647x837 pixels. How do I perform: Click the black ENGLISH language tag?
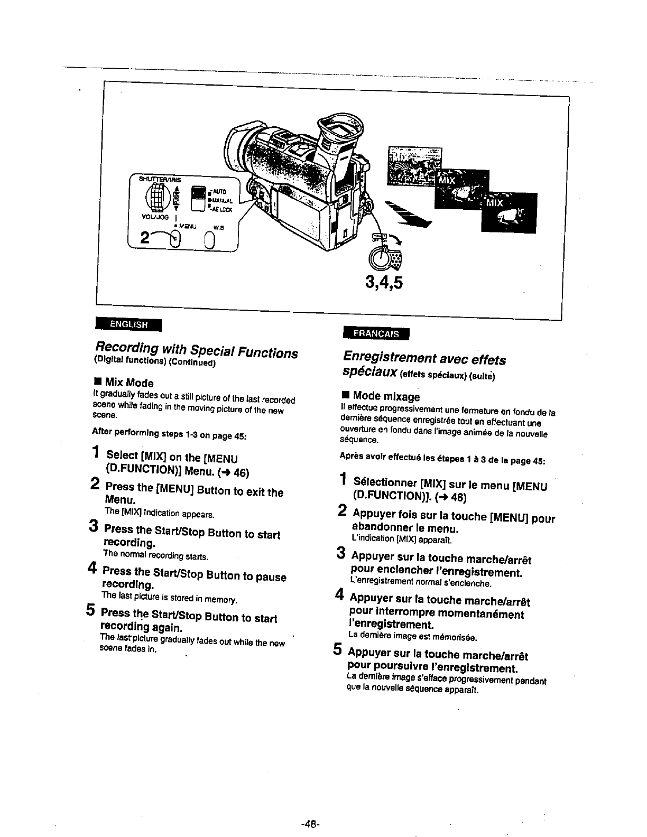[127, 324]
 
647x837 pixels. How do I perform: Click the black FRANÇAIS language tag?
[376, 333]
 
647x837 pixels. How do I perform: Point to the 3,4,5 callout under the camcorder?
[383, 283]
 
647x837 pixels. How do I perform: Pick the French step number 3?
[341, 554]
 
